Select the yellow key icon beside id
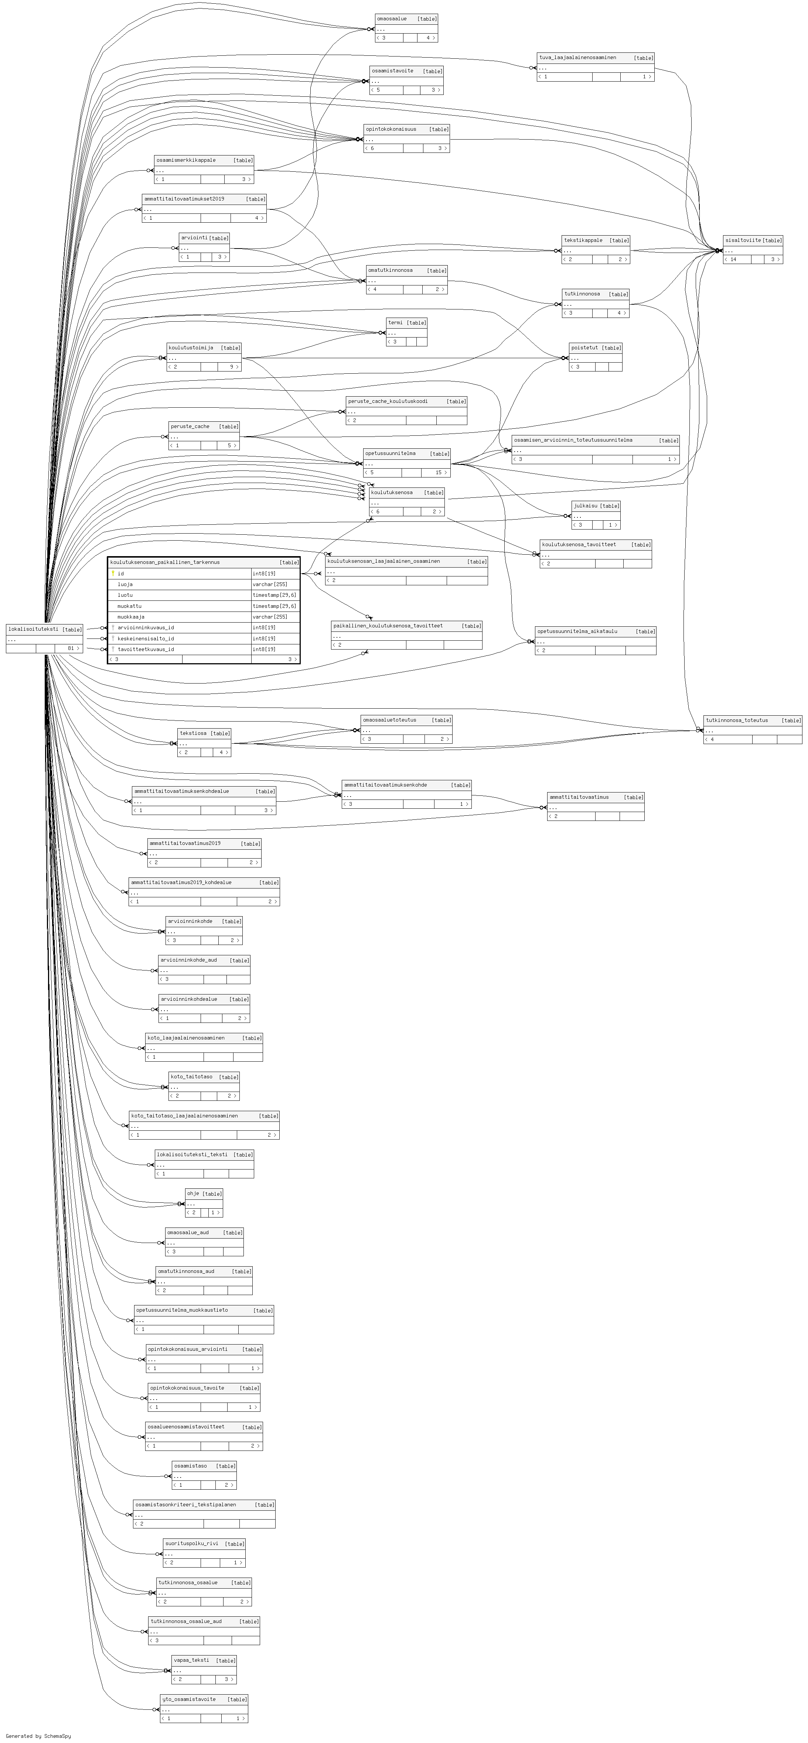113,573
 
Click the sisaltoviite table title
742,240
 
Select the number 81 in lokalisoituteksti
70,648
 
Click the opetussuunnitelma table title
391,453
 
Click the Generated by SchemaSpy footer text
38,1736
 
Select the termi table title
395,323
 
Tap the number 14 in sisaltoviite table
733,259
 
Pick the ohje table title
193,1194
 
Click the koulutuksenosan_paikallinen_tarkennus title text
165,562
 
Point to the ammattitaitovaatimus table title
579,797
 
